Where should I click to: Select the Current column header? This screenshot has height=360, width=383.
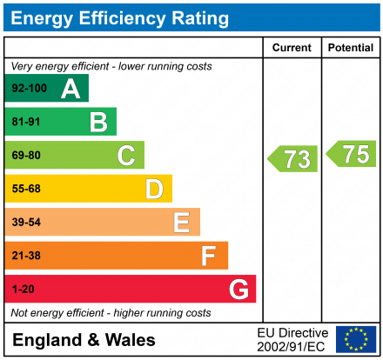point(292,48)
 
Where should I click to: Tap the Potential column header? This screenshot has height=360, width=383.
point(352,48)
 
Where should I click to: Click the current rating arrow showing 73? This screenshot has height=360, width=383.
point(292,159)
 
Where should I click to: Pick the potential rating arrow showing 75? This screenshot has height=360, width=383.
point(352,154)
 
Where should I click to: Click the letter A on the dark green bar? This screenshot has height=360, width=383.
point(71,89)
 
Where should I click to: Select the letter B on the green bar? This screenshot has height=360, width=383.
point(98,122)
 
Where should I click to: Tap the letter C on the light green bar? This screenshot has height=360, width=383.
point(126,156)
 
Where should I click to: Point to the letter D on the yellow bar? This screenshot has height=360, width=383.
point(154,189)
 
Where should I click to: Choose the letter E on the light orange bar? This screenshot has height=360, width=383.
point(181,223)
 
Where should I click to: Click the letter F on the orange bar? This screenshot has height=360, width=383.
point(209,256)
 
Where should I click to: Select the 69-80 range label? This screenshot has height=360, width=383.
point(26,156)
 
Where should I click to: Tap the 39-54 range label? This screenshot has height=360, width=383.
point(26,223)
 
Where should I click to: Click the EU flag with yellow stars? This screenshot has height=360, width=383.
point(356,339)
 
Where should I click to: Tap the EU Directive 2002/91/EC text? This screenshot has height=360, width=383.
point(292,339)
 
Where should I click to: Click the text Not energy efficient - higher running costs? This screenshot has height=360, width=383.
point(110,312)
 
